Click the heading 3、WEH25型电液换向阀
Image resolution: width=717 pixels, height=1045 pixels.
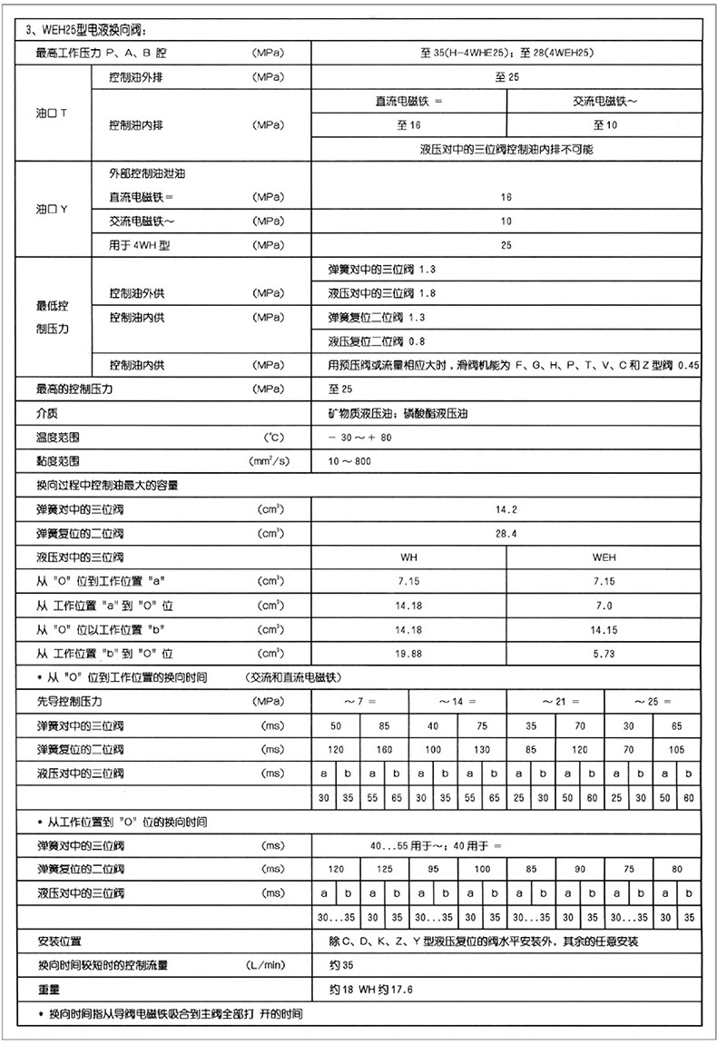[x=86, y=31]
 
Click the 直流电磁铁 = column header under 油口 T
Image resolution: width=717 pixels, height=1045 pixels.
[x=408, y=102]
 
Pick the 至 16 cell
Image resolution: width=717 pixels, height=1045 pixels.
[x=408, y=124]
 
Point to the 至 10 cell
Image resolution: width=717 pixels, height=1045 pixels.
[x=604, y=124]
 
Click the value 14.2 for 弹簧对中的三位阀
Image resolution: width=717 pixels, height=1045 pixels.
[x=506, y=509]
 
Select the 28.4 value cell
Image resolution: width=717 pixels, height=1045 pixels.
[x=506, y=533]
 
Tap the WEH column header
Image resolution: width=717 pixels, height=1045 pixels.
[x=604, y=557]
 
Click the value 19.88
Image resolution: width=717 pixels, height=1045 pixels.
[x=408, y=653]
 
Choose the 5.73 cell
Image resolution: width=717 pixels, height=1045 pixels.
[x=604, y=653]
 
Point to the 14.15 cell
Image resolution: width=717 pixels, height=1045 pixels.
[x=604, y=628]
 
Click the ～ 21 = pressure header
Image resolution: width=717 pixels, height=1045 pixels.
[x=555, y=701]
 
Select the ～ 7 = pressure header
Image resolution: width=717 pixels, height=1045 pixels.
[x=359, y=701]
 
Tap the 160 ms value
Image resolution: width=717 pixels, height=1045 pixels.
[x=384, y=749]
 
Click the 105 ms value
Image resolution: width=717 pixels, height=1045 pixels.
[x=677, y=749]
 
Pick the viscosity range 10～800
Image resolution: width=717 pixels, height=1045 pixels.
[x=349, y=461]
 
